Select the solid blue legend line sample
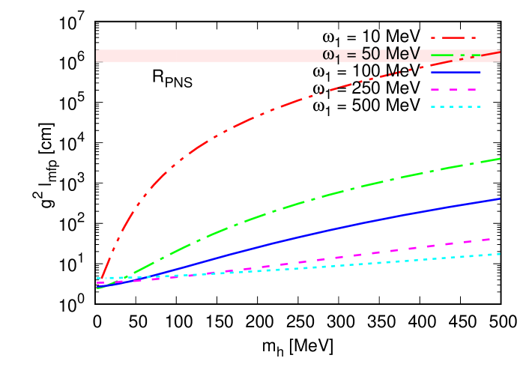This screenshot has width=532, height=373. pos(455,72)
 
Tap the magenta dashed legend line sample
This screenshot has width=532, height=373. pos(455,89)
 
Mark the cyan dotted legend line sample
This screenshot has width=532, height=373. pos(455,106)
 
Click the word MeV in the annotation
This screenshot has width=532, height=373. pos(402,55)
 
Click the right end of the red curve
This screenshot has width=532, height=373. pos(499,51)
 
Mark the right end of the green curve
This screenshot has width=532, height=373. pos(499,159)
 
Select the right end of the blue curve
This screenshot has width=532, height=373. pos(499,198)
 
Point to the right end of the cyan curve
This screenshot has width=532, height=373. pos(499,254)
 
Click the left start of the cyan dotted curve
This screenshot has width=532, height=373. pos(98,278)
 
